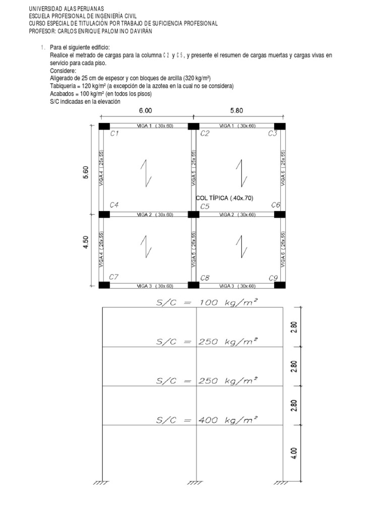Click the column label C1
114,134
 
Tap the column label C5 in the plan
205,206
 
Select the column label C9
274,278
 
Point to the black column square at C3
280,126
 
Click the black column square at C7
104,285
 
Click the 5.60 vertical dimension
86,173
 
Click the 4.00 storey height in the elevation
295,453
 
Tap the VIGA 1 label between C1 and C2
155,126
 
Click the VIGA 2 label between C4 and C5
155,215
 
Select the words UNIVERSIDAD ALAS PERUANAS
67,9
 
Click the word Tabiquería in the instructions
62,86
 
